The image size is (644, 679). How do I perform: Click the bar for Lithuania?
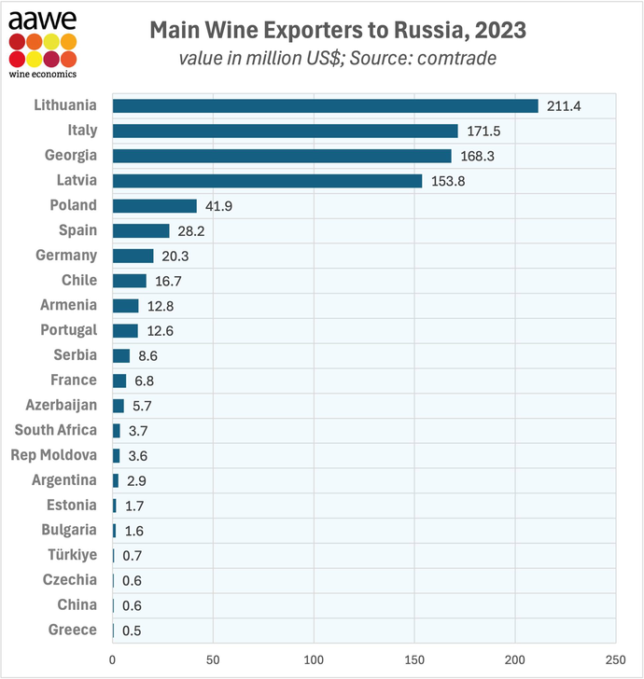coord(325,105)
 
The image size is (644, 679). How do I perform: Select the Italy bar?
coord(285,131)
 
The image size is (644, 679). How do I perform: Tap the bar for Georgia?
coord(281,156)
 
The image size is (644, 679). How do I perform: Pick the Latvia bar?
coord(267,180)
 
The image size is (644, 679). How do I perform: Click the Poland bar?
coord(154,205)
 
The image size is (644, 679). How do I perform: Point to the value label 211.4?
coord(564,106)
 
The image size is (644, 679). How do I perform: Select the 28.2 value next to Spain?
coord(192,231)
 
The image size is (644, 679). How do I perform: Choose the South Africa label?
coord(55,430)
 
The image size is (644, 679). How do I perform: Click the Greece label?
coord(72,630)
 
